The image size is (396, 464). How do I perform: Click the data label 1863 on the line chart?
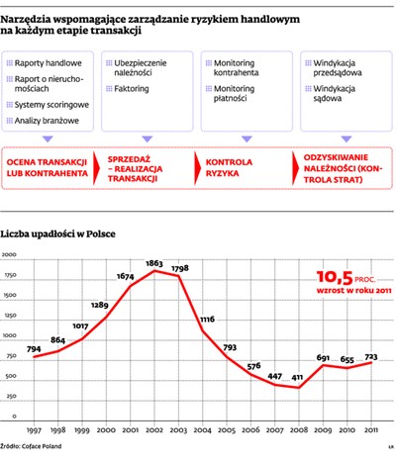pyautogui.click(x=154, y=263)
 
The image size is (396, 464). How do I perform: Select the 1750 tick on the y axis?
pyautogui.click(x=12, y=274)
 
